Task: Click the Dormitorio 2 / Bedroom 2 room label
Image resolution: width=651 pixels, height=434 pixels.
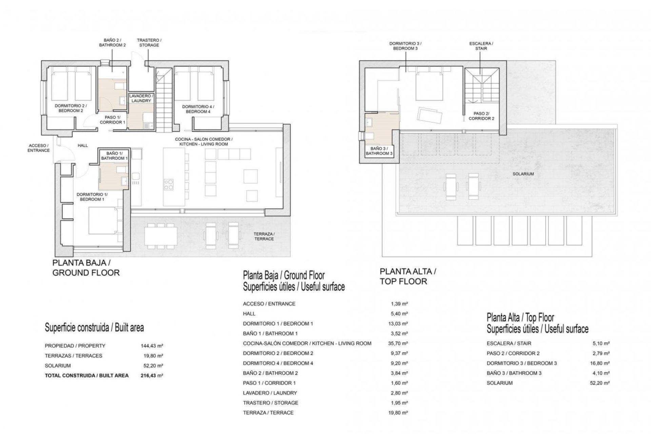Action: click(x=69, y=108)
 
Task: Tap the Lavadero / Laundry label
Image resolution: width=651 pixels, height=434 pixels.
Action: click(x=141, y=98)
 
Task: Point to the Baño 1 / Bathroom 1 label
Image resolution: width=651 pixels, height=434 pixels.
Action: click(x=114, y=156)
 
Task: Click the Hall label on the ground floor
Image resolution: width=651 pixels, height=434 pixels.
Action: click(x=83, y=145)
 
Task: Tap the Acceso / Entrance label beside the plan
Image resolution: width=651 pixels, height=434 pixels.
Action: click(x=39, y=148)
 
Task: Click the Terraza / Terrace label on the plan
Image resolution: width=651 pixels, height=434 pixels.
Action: click(x=264, y=236)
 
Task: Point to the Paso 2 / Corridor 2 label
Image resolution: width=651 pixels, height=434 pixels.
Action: click(x=481, y=116)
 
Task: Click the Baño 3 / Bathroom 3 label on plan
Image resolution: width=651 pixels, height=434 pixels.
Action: click(x=379, y=151)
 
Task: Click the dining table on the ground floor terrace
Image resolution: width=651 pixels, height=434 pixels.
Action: click(x=161, y=236)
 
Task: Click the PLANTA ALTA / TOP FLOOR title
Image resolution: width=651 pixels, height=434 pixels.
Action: click(x=408, y=276)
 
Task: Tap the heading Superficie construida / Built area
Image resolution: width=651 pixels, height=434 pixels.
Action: click(x=94, y=328)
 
